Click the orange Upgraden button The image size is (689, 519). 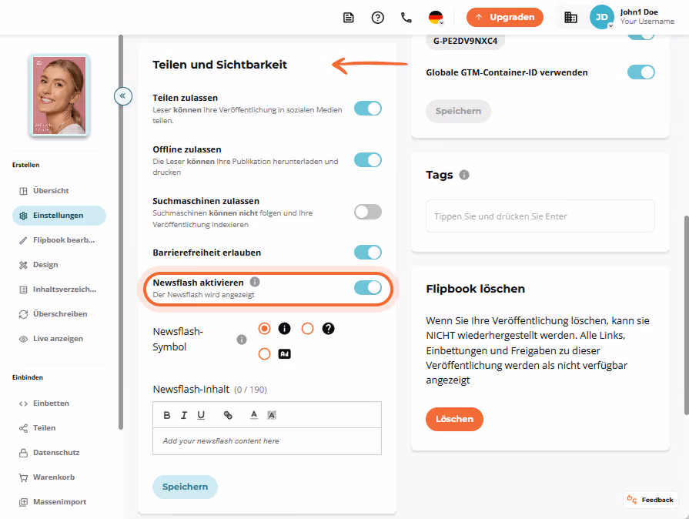504,18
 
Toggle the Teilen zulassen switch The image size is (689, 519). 368,109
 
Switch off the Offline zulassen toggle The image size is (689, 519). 368,160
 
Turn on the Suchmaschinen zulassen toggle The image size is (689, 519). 368,212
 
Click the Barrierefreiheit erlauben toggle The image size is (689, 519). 368,253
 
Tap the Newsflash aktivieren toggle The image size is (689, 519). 368,288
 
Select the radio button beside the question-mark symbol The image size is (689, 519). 308,328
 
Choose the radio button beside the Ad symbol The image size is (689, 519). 264,353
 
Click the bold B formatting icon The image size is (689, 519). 167,415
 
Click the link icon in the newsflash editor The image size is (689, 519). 228,415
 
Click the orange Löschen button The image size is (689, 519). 454,419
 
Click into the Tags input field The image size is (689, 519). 540,216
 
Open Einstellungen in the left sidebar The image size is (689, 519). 59,216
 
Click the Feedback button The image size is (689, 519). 651,500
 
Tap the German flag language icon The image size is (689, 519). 436,18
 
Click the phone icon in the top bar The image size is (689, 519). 406,18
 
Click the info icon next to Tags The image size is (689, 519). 464,175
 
